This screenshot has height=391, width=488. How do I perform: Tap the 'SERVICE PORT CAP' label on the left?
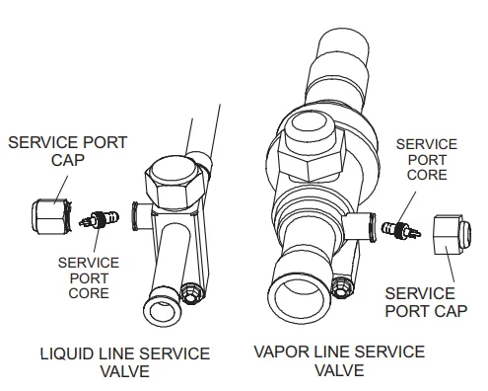pyautogui.click(x=66, y=151)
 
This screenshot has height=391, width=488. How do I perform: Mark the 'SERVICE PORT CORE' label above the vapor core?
pyautogui.click(x=427, y=159)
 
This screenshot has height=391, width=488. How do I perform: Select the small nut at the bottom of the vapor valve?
pyautogui.click(x=342, y=287)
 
